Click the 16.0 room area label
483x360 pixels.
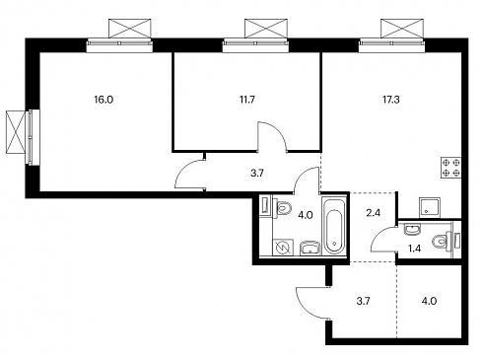click(x=103, y=100)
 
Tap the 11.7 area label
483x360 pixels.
click(x=247, y=100)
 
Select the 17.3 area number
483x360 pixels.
click(x=391, y=100)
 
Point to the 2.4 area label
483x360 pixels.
click(x=374, y=213)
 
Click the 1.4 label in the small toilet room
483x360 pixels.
click(x=414, y=249)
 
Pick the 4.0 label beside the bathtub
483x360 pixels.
click(x=305, y=215)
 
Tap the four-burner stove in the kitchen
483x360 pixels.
click(x=451, y=168)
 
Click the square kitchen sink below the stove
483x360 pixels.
click(x=430, y=207)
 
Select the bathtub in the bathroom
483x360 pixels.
click(x=334, y=226)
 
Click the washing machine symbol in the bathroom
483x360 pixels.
click(x=283, y=247)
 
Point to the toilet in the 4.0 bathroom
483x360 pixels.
click(x=282, y=207)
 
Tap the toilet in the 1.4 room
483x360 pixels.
click(x=441, y=241)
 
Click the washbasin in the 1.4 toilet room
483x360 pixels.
click(x=412, y=229)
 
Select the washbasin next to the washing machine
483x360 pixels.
click(x=310, y=248)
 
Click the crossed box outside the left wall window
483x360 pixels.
click(x=16, y=132)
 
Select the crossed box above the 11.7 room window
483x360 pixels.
click(x=266, y=29)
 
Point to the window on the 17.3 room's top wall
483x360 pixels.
click(x=391, y=45)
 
